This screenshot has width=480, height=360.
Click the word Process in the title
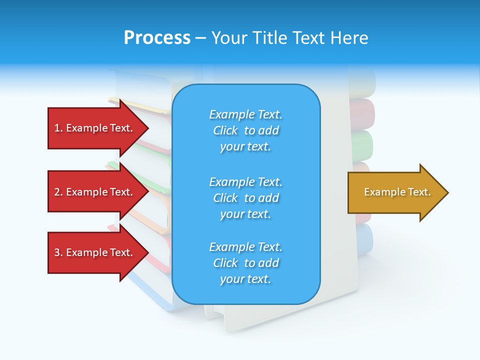click(157, 38)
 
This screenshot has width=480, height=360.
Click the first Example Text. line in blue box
click(245, 114)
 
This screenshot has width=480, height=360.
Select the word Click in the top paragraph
click(225, 130)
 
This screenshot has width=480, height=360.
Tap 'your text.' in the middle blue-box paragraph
click(245, 214)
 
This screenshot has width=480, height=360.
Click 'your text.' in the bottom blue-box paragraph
click(245, 279)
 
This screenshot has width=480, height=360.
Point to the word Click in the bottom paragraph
click(225, 263)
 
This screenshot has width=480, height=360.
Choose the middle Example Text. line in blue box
click(245, 181)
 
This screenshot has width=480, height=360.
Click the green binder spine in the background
click(363, 145)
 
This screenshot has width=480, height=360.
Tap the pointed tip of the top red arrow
click(147, 128)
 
